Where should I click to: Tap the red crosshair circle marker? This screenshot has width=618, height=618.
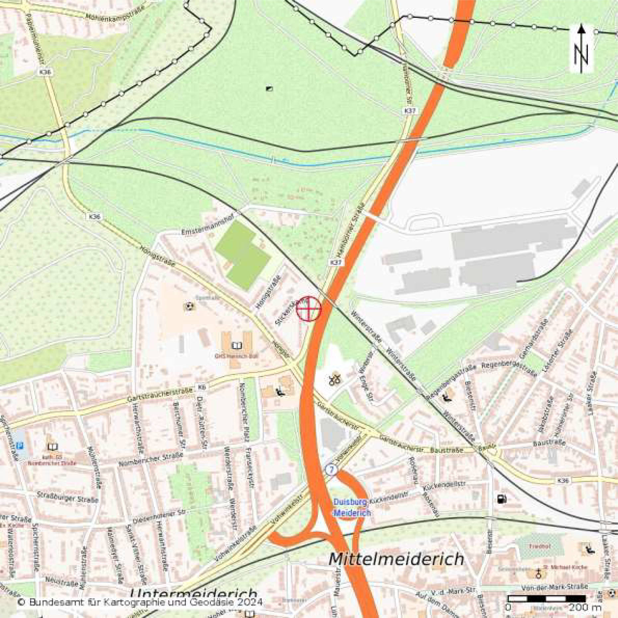tap(309, 309)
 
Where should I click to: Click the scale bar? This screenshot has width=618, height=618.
tap(547, 599)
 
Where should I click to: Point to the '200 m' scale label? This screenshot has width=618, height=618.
tap(585, 607)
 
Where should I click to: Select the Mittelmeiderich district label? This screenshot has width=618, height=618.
tap(396, 559)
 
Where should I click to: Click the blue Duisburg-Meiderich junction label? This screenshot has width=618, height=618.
tap(351, 507)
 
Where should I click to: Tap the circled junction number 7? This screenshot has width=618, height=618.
tap(331, 470)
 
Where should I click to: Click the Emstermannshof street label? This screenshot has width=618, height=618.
tap(208, 225)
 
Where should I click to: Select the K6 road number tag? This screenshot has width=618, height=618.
tap(202, 387)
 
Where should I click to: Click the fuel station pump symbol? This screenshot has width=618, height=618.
tap(501, 499)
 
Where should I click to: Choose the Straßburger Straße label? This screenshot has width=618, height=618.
tap(68, 497)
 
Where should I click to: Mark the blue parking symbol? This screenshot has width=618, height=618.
tap(21, 445)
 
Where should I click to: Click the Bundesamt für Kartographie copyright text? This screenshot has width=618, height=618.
tap(140, 602)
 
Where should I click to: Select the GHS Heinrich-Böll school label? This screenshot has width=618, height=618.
tap(236, 356)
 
